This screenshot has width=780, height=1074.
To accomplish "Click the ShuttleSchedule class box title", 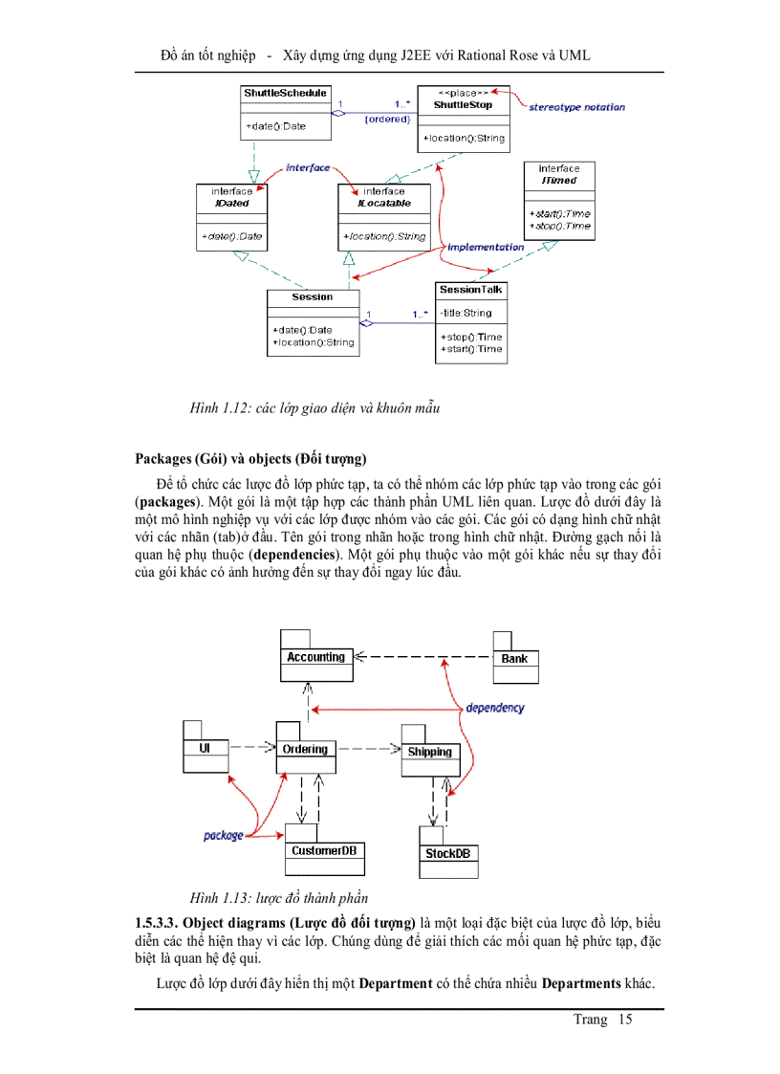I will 285,94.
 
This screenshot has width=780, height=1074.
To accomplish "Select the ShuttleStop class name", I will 463,105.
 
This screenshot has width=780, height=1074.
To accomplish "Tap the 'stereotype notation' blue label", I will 576,107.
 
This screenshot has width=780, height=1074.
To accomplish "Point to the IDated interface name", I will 232,203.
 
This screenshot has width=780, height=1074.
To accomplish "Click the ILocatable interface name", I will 383,203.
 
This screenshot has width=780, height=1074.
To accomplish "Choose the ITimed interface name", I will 558,180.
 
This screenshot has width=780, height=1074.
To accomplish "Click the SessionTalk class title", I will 470,290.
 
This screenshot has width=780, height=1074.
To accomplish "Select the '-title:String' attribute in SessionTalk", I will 466,313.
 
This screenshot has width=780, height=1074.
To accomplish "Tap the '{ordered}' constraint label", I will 387,120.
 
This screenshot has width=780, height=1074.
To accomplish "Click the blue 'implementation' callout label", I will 486,247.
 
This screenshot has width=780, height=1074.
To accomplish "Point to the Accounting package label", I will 315,658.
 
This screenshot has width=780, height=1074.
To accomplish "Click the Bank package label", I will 514,659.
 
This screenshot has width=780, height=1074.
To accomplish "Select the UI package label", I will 205,749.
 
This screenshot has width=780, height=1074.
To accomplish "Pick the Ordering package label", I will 305,750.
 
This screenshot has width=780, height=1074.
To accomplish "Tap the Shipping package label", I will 429,752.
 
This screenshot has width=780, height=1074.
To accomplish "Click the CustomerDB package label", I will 325,851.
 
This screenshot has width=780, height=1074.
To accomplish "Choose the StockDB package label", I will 447,854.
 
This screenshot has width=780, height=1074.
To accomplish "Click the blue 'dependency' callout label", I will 495,708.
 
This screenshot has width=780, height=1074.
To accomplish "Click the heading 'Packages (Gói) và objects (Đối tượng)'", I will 250,458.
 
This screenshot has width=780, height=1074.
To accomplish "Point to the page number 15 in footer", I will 625,1019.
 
